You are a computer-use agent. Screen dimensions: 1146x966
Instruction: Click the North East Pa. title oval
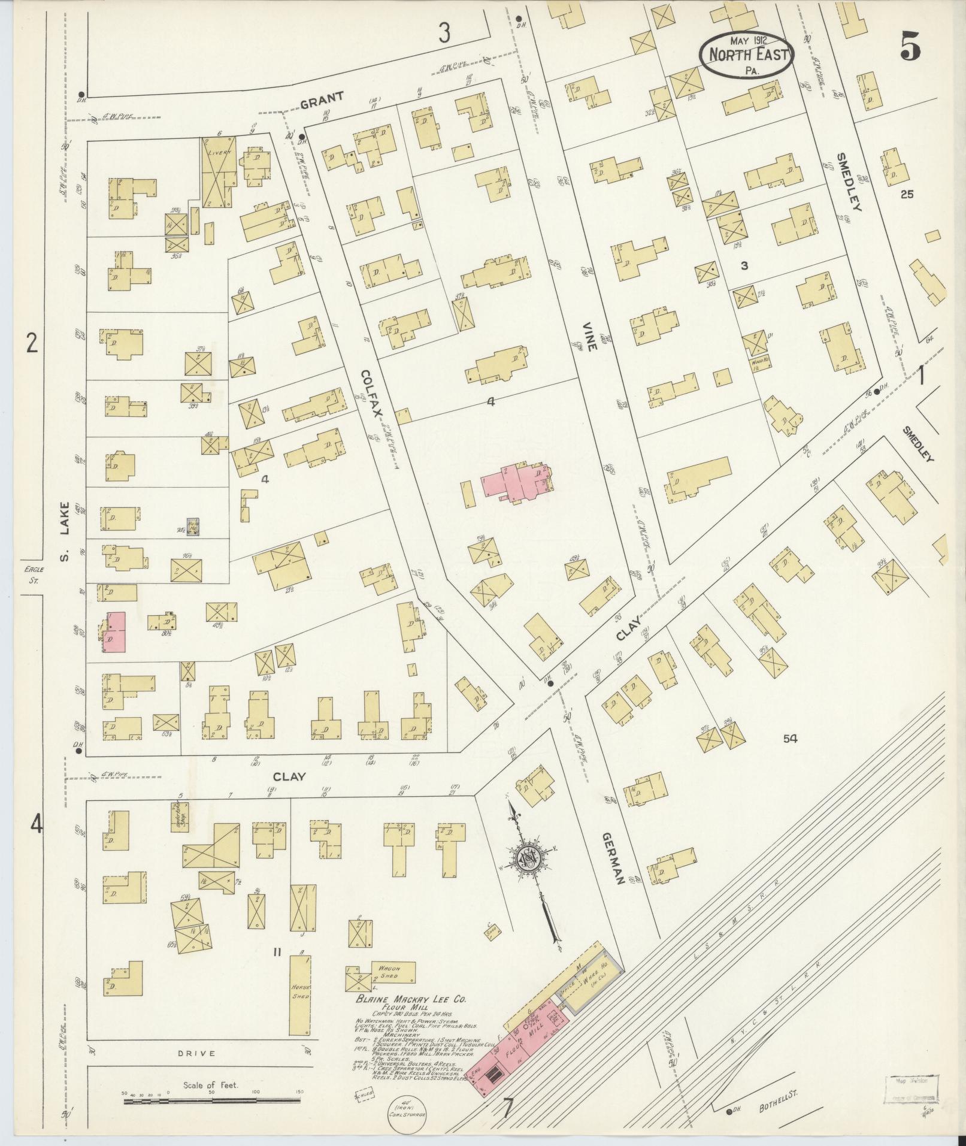point(747,55)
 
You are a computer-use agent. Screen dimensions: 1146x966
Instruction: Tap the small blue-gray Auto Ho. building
point(193,526)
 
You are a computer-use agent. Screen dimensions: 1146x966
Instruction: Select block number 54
point(790,739)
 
